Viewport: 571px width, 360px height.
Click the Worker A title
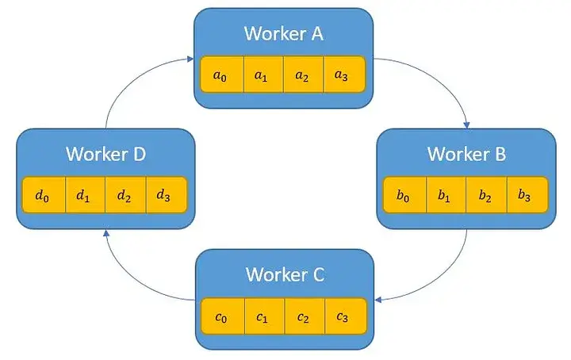tap(284, 33)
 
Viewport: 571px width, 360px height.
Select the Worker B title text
tap(466, 154)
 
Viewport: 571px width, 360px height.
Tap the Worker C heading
tap(285, 274)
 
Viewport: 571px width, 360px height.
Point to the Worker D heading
tap(106, 154)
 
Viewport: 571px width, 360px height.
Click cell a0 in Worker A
tap(222, 75)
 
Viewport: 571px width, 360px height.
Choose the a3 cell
tap(344, 75)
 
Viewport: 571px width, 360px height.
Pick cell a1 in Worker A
tap(263, 75)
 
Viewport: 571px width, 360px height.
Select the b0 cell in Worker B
tap(405, 195)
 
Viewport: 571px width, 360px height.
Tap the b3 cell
tap(527, 195)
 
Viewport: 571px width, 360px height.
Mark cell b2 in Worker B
tap(487, 195)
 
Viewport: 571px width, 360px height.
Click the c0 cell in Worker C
tap(223, 316)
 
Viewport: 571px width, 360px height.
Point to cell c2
tap(305, 316)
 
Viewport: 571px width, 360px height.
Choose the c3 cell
tap(346, 316)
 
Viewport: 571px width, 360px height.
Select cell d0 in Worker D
tap(44, 195)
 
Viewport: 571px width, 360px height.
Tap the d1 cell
tap(85, 195)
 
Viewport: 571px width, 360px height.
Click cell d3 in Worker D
tap(167, 195)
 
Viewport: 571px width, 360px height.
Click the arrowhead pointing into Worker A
tap(190, 59)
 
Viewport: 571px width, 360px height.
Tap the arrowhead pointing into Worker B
tap(466, 125)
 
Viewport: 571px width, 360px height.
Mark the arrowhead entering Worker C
tap(378, 300)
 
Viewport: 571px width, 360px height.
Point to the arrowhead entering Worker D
tap(106, 233)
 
